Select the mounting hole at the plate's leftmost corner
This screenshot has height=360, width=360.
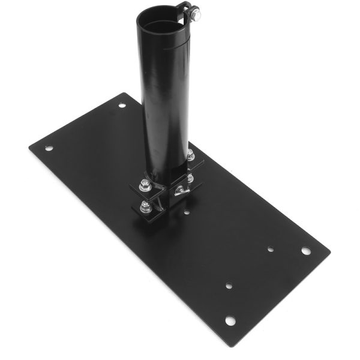49,148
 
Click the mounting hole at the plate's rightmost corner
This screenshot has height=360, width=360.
306,250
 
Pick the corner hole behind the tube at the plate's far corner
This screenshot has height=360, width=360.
122,105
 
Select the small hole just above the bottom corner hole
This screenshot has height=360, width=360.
228,286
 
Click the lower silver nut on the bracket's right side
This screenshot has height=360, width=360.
190,178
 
